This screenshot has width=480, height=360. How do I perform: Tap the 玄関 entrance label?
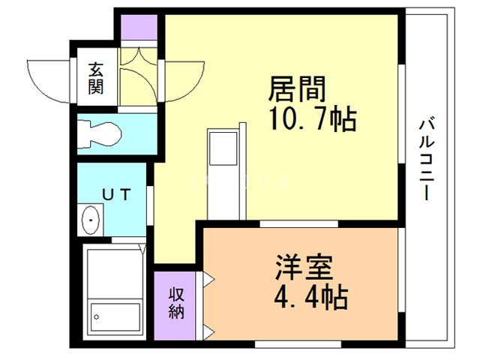click(x=96, y=78)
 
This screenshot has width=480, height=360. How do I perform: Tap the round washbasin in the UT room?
click(x=91, y=220)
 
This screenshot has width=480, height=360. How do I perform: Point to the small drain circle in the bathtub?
click(x=97, y=317)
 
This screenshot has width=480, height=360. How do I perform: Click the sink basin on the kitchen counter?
click(x=223, y=149)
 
